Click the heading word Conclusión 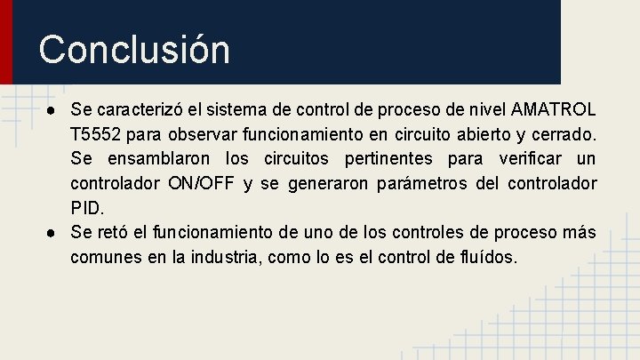click(134, 49)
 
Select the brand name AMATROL click(555, 110)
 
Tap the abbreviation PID click(87, 208)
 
